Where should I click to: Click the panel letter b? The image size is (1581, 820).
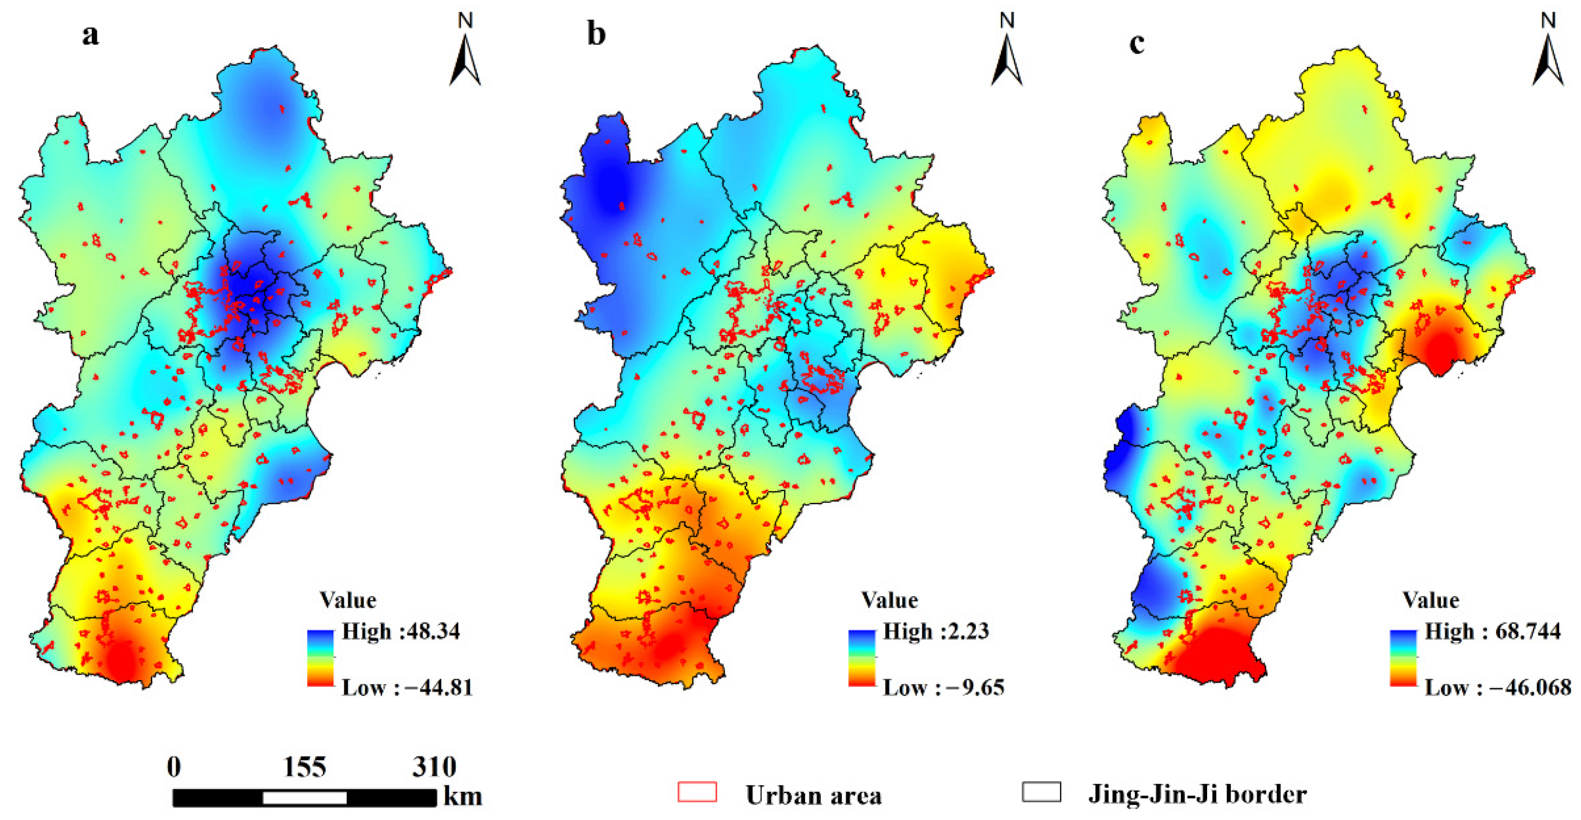point(596,35)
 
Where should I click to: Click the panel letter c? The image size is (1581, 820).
point(1137,43)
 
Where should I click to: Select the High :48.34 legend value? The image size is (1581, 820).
point(401,631)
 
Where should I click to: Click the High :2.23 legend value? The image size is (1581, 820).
point(936,631)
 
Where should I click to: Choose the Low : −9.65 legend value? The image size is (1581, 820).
point(943,687)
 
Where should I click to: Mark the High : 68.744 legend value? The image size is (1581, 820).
point(1492,631)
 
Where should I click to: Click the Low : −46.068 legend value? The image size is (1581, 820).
point(1497,687)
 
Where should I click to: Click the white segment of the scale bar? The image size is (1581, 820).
point(304,798)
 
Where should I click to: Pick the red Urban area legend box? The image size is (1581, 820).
point(697,792)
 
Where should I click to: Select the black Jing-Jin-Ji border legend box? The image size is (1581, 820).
point(1042,792)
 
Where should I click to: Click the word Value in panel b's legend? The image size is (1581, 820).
point(890,600)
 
